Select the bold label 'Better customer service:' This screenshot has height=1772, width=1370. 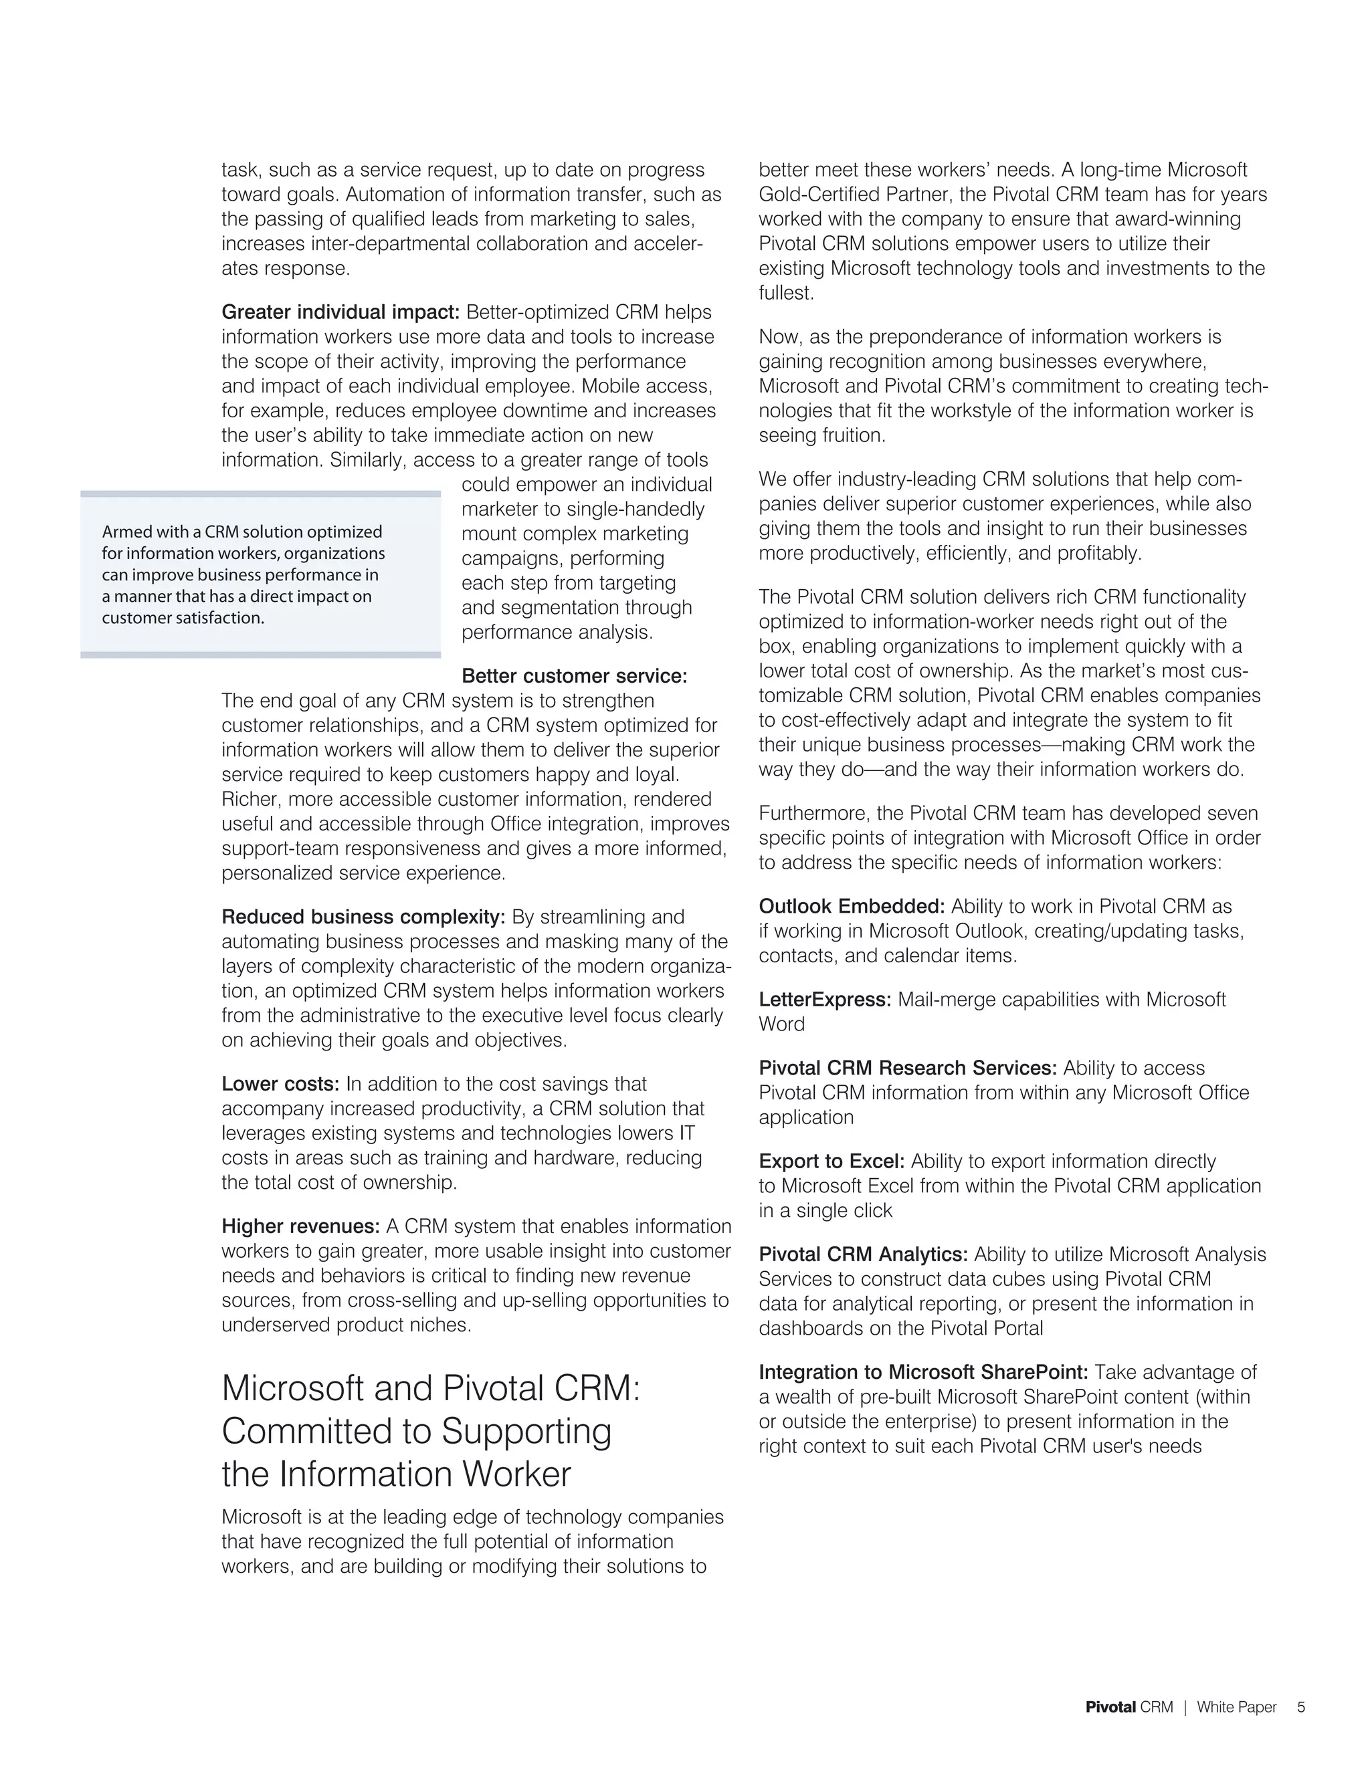pos(574,676)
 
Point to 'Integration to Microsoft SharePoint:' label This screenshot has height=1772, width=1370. pos(922,1372)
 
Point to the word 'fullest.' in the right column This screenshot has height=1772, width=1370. pos(785,293)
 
